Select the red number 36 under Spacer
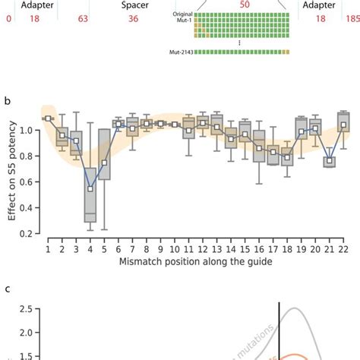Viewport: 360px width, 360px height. pos(133,19)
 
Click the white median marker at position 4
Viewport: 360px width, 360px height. pos(90,188)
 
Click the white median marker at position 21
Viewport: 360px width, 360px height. pos(329,160)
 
